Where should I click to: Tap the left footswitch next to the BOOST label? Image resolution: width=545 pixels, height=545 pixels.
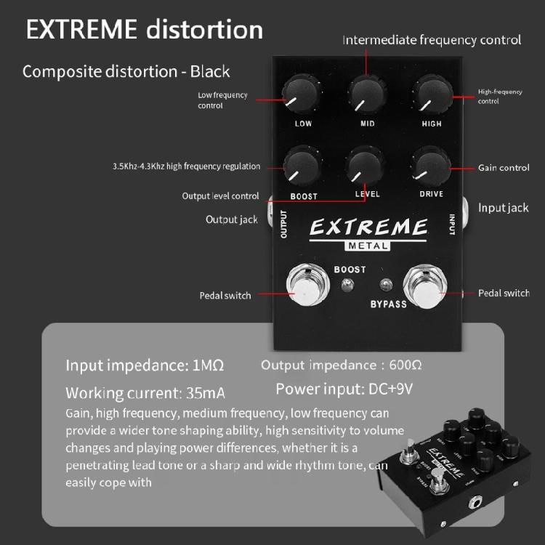pos(305,286)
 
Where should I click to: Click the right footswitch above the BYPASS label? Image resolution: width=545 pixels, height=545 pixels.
pos(423,286)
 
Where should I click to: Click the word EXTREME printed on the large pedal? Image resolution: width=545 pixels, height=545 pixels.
pos(368,227)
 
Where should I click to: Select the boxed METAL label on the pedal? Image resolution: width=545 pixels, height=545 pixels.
pos(368,246)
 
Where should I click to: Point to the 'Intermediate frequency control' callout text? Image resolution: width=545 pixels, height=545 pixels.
pos(432,40)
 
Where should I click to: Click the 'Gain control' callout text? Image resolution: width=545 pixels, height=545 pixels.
pos(504,168)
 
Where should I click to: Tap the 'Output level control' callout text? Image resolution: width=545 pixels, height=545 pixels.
pos(220,196)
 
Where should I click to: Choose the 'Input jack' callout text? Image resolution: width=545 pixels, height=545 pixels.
pos(504,208)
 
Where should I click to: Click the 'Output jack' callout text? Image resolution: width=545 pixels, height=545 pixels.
pos(231,219)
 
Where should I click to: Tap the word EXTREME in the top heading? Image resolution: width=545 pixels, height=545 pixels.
pos(81,30)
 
